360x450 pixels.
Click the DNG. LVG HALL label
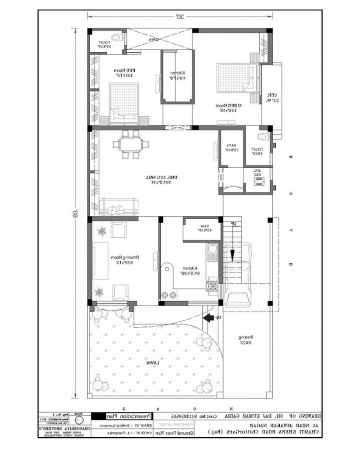(153, 180)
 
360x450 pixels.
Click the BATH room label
(231, 147)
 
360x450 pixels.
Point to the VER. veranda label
(269, 97)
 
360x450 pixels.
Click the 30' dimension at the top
(180, 17)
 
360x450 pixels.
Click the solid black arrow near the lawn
(208, 318)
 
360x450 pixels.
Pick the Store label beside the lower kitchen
(202, 230)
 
